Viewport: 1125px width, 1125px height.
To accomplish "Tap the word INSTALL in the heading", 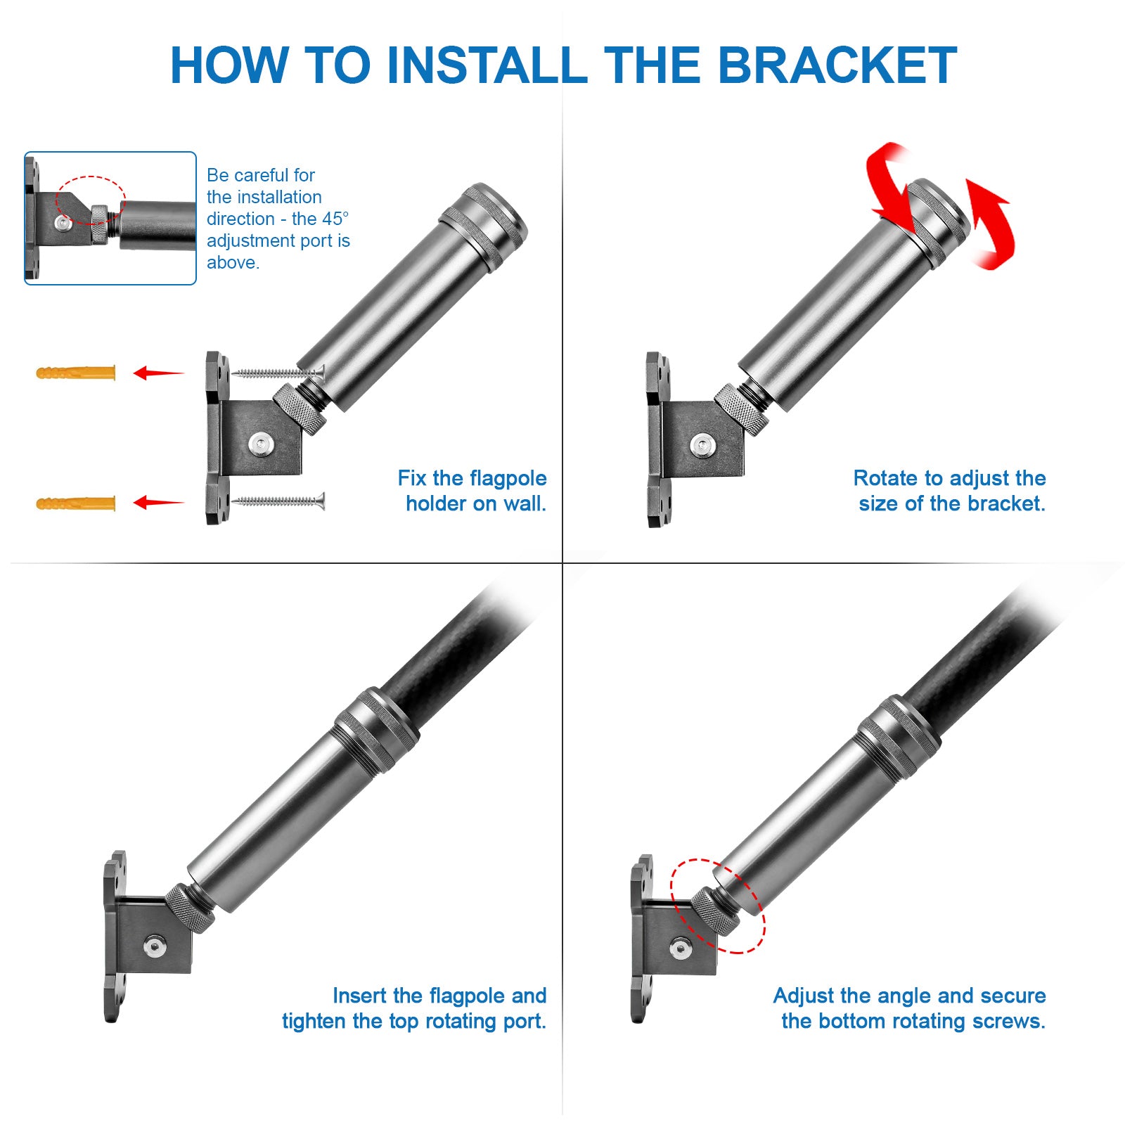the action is pyautogui.click(x=487, y=65).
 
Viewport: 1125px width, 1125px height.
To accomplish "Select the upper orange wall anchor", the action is pyautogui.click(x=76, y=372).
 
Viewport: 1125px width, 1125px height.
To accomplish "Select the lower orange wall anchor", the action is pyautogui.click(x=76, y=503).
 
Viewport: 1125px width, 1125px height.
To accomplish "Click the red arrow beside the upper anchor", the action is pyautogui.click(x=159, y=373).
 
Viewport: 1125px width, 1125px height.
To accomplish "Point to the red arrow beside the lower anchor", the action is pyautogui.click(x=159, y=502).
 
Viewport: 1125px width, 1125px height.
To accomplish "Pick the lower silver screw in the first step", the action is pyautogui.click(x=278, y=501).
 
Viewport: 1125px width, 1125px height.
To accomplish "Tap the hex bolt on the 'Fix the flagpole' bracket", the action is pyautogui.click(x=261, y=444).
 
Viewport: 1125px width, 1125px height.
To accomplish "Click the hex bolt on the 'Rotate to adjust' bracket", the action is pyautogui.click(x=702, y=444).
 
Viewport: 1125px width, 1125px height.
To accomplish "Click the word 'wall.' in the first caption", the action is pyautogui.click(x=525, y=503).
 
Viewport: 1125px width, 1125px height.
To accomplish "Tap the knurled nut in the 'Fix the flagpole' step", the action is pyautogui.click(x=300, y=409).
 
